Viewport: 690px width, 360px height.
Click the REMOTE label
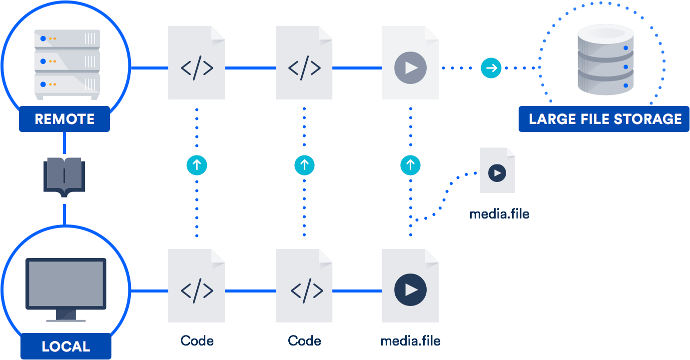click(64, 119)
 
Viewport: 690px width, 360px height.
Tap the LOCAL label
click(65, 346)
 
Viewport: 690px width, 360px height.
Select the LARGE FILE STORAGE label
click(605, 119)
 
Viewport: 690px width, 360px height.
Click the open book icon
click(64, 178)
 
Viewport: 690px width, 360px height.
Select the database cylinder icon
click(605, 60)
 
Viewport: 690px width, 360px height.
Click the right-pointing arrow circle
click(491, 68)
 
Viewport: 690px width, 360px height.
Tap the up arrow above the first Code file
click(197, 165)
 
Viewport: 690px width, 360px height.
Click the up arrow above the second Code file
click(304, 165)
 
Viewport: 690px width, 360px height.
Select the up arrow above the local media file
click(410, 165)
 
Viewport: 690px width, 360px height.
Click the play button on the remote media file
click(410, 67)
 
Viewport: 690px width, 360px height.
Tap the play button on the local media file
click(410, 290)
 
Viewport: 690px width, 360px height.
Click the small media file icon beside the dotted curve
click(497, 170)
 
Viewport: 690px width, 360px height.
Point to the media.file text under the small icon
click(499, 214)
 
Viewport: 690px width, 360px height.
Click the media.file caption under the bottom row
click(410, 341)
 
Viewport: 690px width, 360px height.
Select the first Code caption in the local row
click(197, 341)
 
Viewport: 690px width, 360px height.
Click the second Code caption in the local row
click(304, 341)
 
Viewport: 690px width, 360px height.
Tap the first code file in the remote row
click(197, 63)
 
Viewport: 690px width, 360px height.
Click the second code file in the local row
click(304, 286)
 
